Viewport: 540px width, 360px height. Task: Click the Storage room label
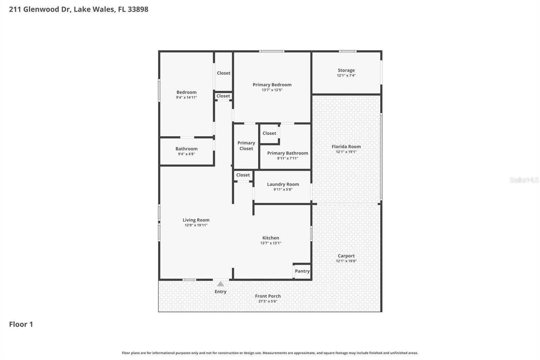[346, 70]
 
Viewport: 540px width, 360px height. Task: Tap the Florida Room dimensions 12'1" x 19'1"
[346, 152]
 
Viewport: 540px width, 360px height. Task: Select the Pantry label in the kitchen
[302, 271]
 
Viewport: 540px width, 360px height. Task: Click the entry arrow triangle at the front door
[220, 284]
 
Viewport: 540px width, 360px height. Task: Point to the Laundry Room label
[283, 184]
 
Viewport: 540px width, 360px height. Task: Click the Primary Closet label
[246, 146]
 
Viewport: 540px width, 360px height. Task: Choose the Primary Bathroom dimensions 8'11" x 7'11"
[288, 158]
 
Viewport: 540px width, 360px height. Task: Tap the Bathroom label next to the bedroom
[186, 149]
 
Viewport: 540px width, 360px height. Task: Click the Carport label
[346, 256]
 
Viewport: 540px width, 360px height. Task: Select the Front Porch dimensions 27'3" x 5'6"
[268, 301]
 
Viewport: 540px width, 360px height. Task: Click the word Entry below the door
[220, 291]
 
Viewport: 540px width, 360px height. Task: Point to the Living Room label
[196, 220]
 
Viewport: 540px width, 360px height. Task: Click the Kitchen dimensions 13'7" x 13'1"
[271, 243]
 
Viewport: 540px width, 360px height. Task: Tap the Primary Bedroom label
[272, 84]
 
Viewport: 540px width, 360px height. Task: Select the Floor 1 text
[21, 324]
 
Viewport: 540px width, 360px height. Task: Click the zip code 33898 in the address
[138, 9]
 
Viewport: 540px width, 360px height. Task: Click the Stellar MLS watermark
[524, 180]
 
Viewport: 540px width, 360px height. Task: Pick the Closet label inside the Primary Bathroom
[269, 133]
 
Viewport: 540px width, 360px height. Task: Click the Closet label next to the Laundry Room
[243, 175]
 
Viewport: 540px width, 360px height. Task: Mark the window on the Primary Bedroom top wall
[272, 51]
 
